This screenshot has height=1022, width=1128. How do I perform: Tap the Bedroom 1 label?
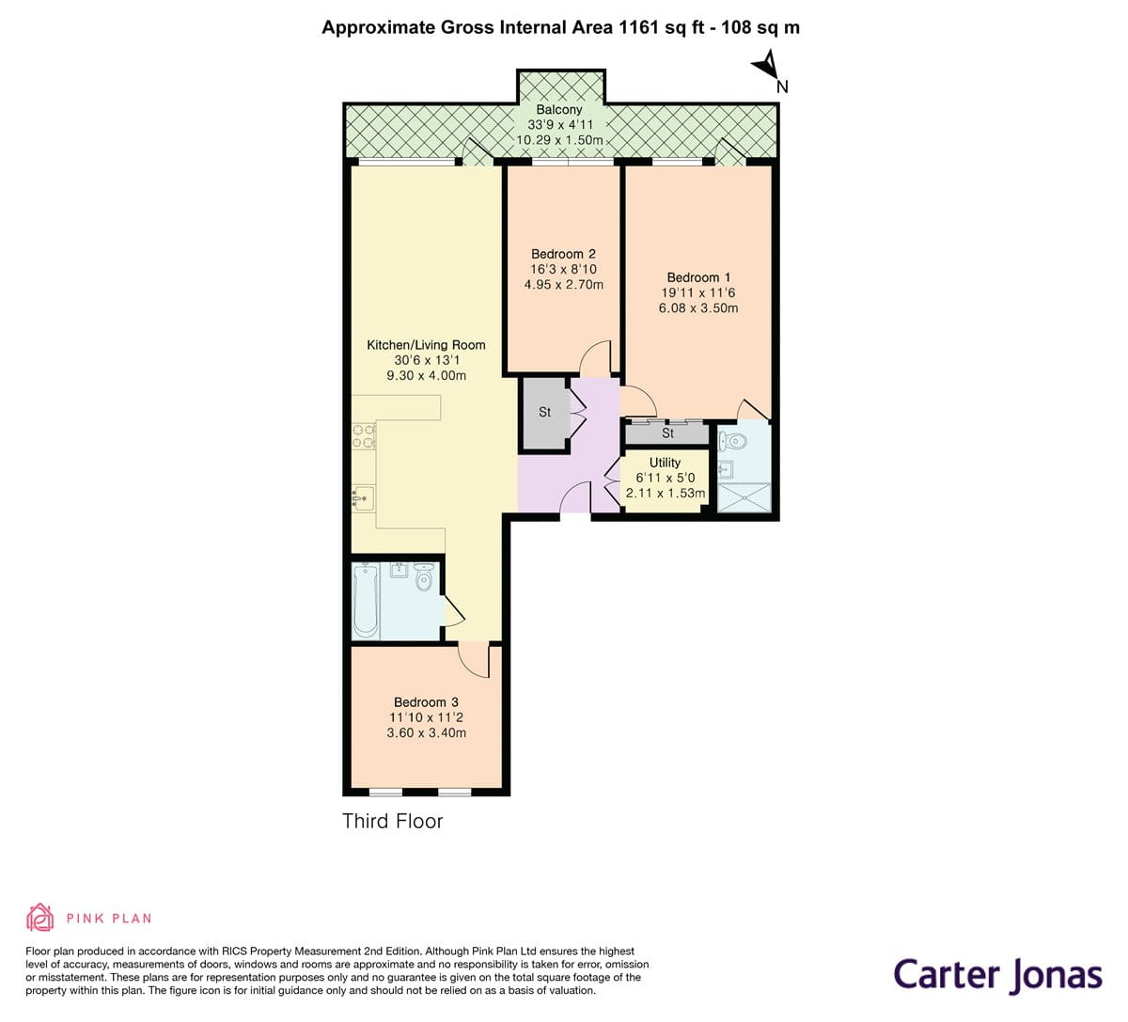pyautogui.click(x=698, y=277)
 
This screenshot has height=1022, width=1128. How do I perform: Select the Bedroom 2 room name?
pyautogui.click(x=563, y=254)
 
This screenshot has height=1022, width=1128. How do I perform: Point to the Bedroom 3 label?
pyautogui.click(x=426, y=702)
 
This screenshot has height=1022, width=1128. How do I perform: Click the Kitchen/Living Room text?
pyautogui.click(x=426, y=345)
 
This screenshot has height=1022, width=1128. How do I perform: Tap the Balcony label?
pyautogui.click(x=559, y=110)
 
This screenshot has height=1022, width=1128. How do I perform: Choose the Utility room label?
pyautogui.click(x=665, y=463)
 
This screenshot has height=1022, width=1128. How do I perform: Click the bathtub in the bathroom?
pyautogui.click(x=366, y=601)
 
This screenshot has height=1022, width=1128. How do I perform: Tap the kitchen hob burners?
pyautogui.click(x=364, y=435)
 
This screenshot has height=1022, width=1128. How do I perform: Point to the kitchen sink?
pyautogui.click(x=364, y=497)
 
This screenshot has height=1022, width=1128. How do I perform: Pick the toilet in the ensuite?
pyautogui.click(x=732, y=440)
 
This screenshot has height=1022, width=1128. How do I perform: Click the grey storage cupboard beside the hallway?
pyautogui.click(x=544, y=412)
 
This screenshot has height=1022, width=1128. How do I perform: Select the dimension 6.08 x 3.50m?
pyautogui.click(x=698, y=308)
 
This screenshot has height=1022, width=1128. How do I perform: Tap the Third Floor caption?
pyautogui.click(x=392, y=821)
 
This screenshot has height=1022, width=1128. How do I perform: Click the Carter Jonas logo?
pyautogui.click(x=996, y=974)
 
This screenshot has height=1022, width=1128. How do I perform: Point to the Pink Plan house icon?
pyautogui.click(x=40, y=917)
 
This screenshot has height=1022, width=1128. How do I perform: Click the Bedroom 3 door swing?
pyautogui.click(x=475, y=661)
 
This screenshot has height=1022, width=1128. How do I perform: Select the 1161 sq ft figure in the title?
pyautogui.click(x=655, y=27)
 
